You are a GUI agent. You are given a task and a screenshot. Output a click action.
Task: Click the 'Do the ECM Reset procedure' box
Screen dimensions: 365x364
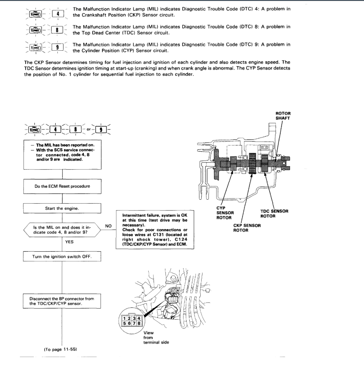click(62, 186)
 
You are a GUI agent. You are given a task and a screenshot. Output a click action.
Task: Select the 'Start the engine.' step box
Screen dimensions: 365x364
click(62, 208)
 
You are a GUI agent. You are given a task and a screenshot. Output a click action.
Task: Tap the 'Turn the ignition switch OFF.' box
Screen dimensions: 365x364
click(62, 257)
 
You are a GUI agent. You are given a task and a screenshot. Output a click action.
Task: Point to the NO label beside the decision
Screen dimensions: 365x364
click(108, 225)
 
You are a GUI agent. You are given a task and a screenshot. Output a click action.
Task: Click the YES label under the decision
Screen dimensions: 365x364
click(70, 242)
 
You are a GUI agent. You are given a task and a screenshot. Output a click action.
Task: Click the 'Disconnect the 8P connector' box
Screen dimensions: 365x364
click(62, 301)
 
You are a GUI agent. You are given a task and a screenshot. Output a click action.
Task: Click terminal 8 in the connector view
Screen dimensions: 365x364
click(139, 323)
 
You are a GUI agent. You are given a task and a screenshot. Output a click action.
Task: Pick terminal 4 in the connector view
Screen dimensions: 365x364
click(139, 318)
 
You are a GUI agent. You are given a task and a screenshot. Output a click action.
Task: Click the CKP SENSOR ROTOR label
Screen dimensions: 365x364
click(247, 228)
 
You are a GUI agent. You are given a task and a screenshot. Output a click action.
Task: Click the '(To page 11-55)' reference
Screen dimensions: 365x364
click(60, 349)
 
